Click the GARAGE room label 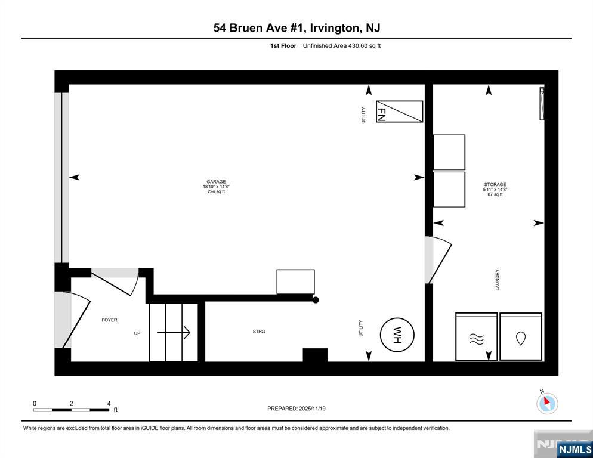click(216, 182)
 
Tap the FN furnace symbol click(399, 112)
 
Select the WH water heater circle click(397, 335)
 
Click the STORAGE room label click(495, 184)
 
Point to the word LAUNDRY click(498, 280)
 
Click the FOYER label click(109, 320)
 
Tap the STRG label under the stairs click(259, 332)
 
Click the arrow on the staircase click(174, 332)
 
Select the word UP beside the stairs click(137, 333)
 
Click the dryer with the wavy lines click(477, 336)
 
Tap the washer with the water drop click(521, 336)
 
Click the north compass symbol click(547, 403)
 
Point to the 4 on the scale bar click(109, 404)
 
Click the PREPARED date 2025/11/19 click(312, 409)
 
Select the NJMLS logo click(575, 449)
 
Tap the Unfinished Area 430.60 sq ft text click(342, 46)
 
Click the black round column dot click(316, 300)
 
